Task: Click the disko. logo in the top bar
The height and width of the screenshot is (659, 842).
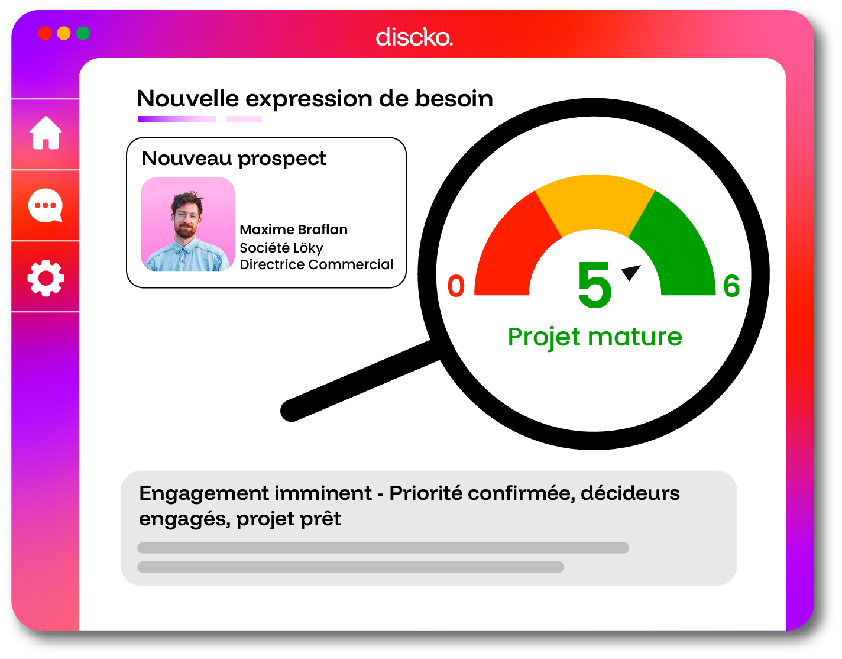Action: coord(414,37)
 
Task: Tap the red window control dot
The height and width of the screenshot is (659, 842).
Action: coord(45,33)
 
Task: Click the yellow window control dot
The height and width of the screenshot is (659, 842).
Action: coord(64,33)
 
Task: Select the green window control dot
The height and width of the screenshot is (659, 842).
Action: coord(83,33)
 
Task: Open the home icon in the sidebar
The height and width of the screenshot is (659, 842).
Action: coord(46,133)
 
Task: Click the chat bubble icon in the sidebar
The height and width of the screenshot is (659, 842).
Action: coord(46,205)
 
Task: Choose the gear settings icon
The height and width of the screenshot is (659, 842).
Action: coord(46,278)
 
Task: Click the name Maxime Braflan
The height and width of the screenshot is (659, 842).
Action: coord(293,230)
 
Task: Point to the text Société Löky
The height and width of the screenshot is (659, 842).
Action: coord(281,248)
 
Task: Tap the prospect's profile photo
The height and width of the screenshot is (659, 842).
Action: coord(187,224)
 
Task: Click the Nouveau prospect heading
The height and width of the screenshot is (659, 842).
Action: coord(234,159)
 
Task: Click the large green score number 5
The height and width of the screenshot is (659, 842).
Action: coord(594,285)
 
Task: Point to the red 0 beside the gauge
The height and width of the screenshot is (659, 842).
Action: coord(456,286)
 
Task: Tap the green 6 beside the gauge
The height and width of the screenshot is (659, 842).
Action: coord(731,286)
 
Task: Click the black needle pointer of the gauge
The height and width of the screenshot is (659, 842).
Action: coord(631,272)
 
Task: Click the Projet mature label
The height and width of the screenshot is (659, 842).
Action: coord(595,337)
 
